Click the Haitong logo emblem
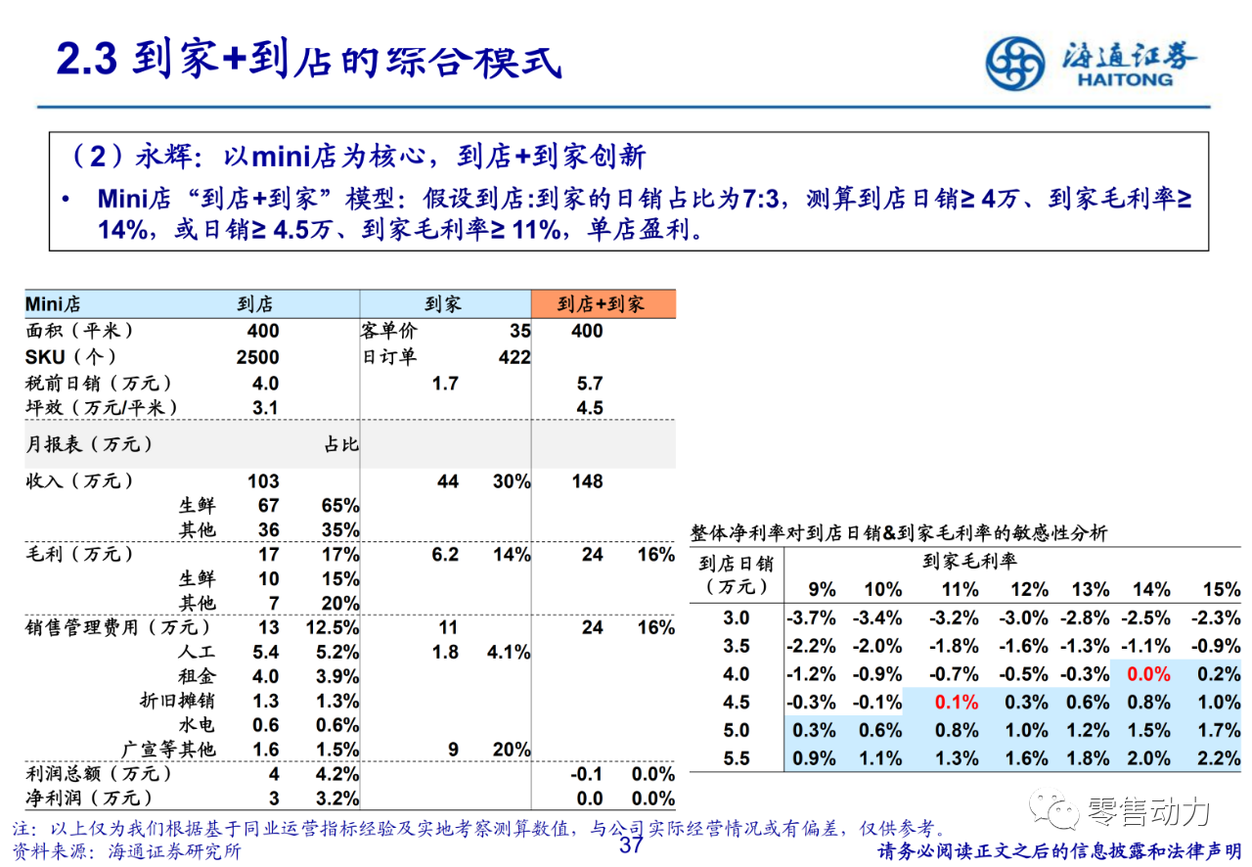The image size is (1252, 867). (1015, 63)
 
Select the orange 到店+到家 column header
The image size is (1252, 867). (602, 304)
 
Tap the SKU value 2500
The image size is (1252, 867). (257, 357)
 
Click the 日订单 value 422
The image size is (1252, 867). (514, 357)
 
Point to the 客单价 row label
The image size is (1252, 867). (388, 332)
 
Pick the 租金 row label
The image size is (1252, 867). (197, 676)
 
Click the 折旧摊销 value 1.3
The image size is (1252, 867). (265, 701)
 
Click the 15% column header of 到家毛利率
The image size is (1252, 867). (1221, 589)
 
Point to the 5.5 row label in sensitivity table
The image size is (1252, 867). (736, 758)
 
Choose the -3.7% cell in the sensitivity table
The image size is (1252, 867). (810, 618)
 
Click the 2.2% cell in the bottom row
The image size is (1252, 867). (1218, 758)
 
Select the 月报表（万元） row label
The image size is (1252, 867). (89, 444)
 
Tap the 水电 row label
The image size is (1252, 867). (197, 725)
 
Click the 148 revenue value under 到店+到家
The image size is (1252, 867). (587, 481)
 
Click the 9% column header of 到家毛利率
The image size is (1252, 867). (822, 589)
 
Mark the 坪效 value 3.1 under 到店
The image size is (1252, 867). (265, 408)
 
